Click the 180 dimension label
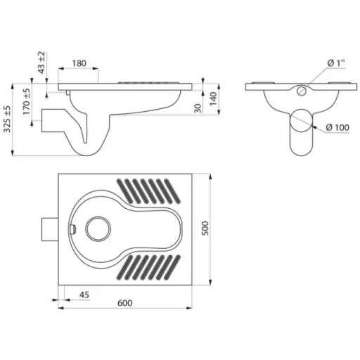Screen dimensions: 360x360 79,63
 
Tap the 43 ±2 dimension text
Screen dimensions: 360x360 41,63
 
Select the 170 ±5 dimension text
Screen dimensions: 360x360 27,101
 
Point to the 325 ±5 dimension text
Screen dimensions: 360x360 7,119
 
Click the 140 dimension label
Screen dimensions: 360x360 213,98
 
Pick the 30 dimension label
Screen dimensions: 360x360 198,108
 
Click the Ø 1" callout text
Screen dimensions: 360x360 336,63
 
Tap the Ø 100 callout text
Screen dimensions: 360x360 337,127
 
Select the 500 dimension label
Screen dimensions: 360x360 205,228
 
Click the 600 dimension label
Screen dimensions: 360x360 125,303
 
